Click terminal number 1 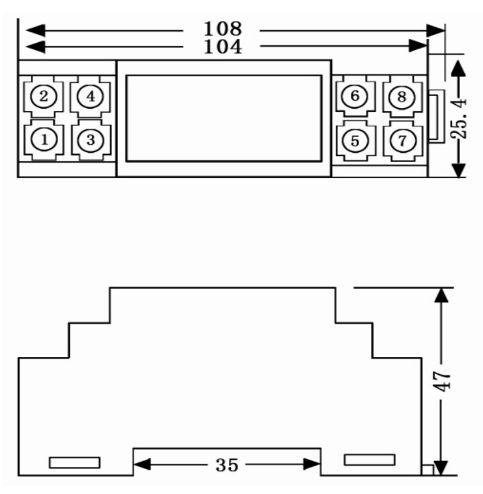pyautogui.click(x=44, y=139)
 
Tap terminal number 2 pyautogui.click(x=44, y=96)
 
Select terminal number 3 pyautogui.click(x=90, y=140)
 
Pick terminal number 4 pyautogui.click(x=90, y=96)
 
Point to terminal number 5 pyautogui.click(x=355, y=140)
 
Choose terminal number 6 pyautogui.click(x=355, y=96)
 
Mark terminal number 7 pyautogui.click(x=402, y=140)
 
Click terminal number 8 pyautogui.click(x=402, y=96)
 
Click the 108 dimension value pyautogui.click(x=223, y=29)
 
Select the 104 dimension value pyautogui.click(x=223, y=47)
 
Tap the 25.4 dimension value pyautogui.click(x=459, y=118)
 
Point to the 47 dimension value pyautogui.click(x=443, y=381)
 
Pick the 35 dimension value pyautogui.click(x=227, y=465)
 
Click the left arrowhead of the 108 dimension pyautogui.click(x=36, y=30)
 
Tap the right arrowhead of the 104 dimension pyautogui.click(x=418, y=46)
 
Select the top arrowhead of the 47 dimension pyautogui.click(x=441, y=296)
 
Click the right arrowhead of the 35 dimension pyautogui.click(x=312, y=464)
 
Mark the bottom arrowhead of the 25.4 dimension pyautogui.click(x=459, y=171)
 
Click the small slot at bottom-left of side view pyautogui.click(x=75, y=462)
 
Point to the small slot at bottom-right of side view pyautogui.click(x=370, y=460)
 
